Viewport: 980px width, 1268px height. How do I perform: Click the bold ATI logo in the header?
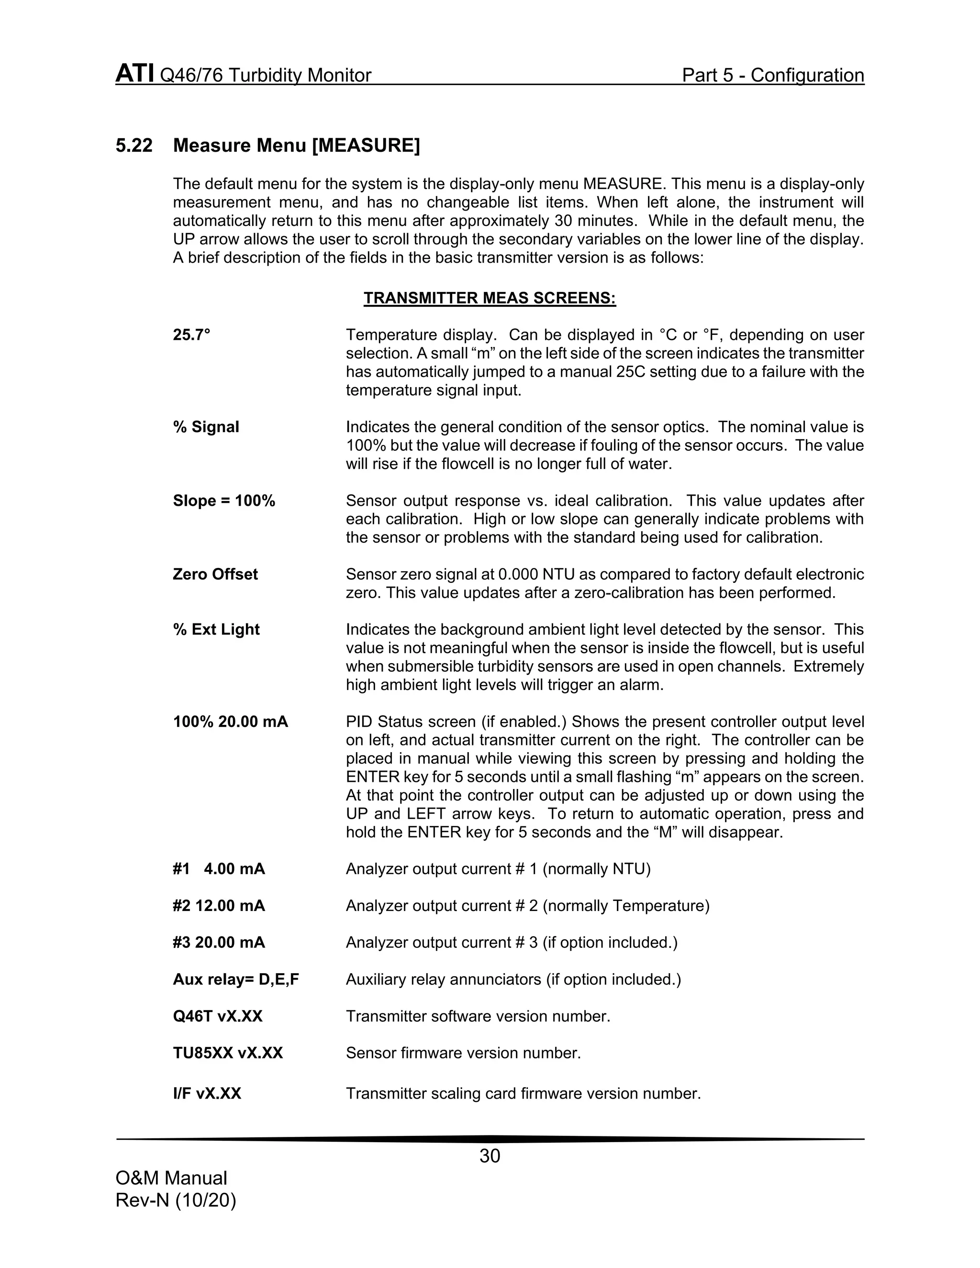coord(134,74)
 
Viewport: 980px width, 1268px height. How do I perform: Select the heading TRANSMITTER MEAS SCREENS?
coord(490,299)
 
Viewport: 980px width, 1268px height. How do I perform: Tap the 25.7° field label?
coord(191,335)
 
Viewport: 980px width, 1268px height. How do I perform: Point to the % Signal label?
coord(206,427)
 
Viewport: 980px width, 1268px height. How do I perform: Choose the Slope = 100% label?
coord(224,501)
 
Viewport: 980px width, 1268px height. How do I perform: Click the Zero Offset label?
coord(215,574)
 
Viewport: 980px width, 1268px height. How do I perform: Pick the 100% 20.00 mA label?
coord(231,722)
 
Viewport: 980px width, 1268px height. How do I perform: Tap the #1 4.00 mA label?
coord(219,869)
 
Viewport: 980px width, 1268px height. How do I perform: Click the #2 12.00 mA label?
coord(219,906)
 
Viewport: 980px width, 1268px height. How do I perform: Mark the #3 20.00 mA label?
coord(219,942)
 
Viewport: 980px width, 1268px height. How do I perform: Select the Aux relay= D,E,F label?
coord(236,979)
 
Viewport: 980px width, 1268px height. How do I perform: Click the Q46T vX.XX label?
coord(218,1016)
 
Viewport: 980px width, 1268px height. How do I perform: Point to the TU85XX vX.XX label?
coord(228,1053)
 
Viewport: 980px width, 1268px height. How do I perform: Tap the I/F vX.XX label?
coord(207,1094)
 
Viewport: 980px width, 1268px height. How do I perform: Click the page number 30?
coord(490,1157)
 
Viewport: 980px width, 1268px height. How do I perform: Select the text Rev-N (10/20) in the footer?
coord(176,1200)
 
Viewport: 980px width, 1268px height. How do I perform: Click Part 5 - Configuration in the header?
coord(773,76)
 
